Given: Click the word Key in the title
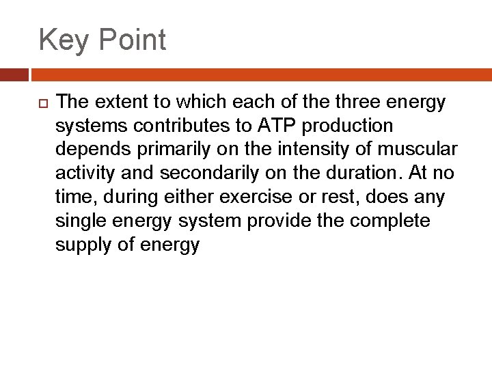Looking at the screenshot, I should [63, 40].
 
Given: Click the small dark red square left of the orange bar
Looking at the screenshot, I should [14, 74].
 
